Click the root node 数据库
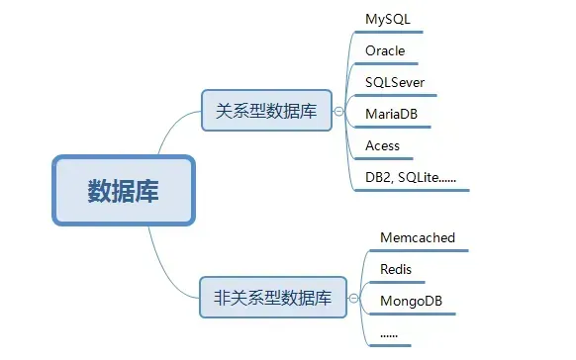(x=123, y=190)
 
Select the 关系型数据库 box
(x=266, y=112)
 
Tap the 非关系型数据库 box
(x=273, y=295)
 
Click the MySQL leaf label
(x=388, y=19)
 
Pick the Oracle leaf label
(x=385, y=50)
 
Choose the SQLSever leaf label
(x=395, y=82)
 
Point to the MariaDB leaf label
(x=391, y=114)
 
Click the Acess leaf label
(x=382, y=145)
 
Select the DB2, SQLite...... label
(x=410, y=177)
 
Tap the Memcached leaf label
(x=417, y=238)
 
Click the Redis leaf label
(x=396, y=269)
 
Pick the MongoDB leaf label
(x=412, y=300)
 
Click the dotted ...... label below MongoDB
(x=389, y=332)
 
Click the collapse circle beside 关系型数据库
(x=338, y=112)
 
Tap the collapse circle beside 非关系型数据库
(x=353, y=295)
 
